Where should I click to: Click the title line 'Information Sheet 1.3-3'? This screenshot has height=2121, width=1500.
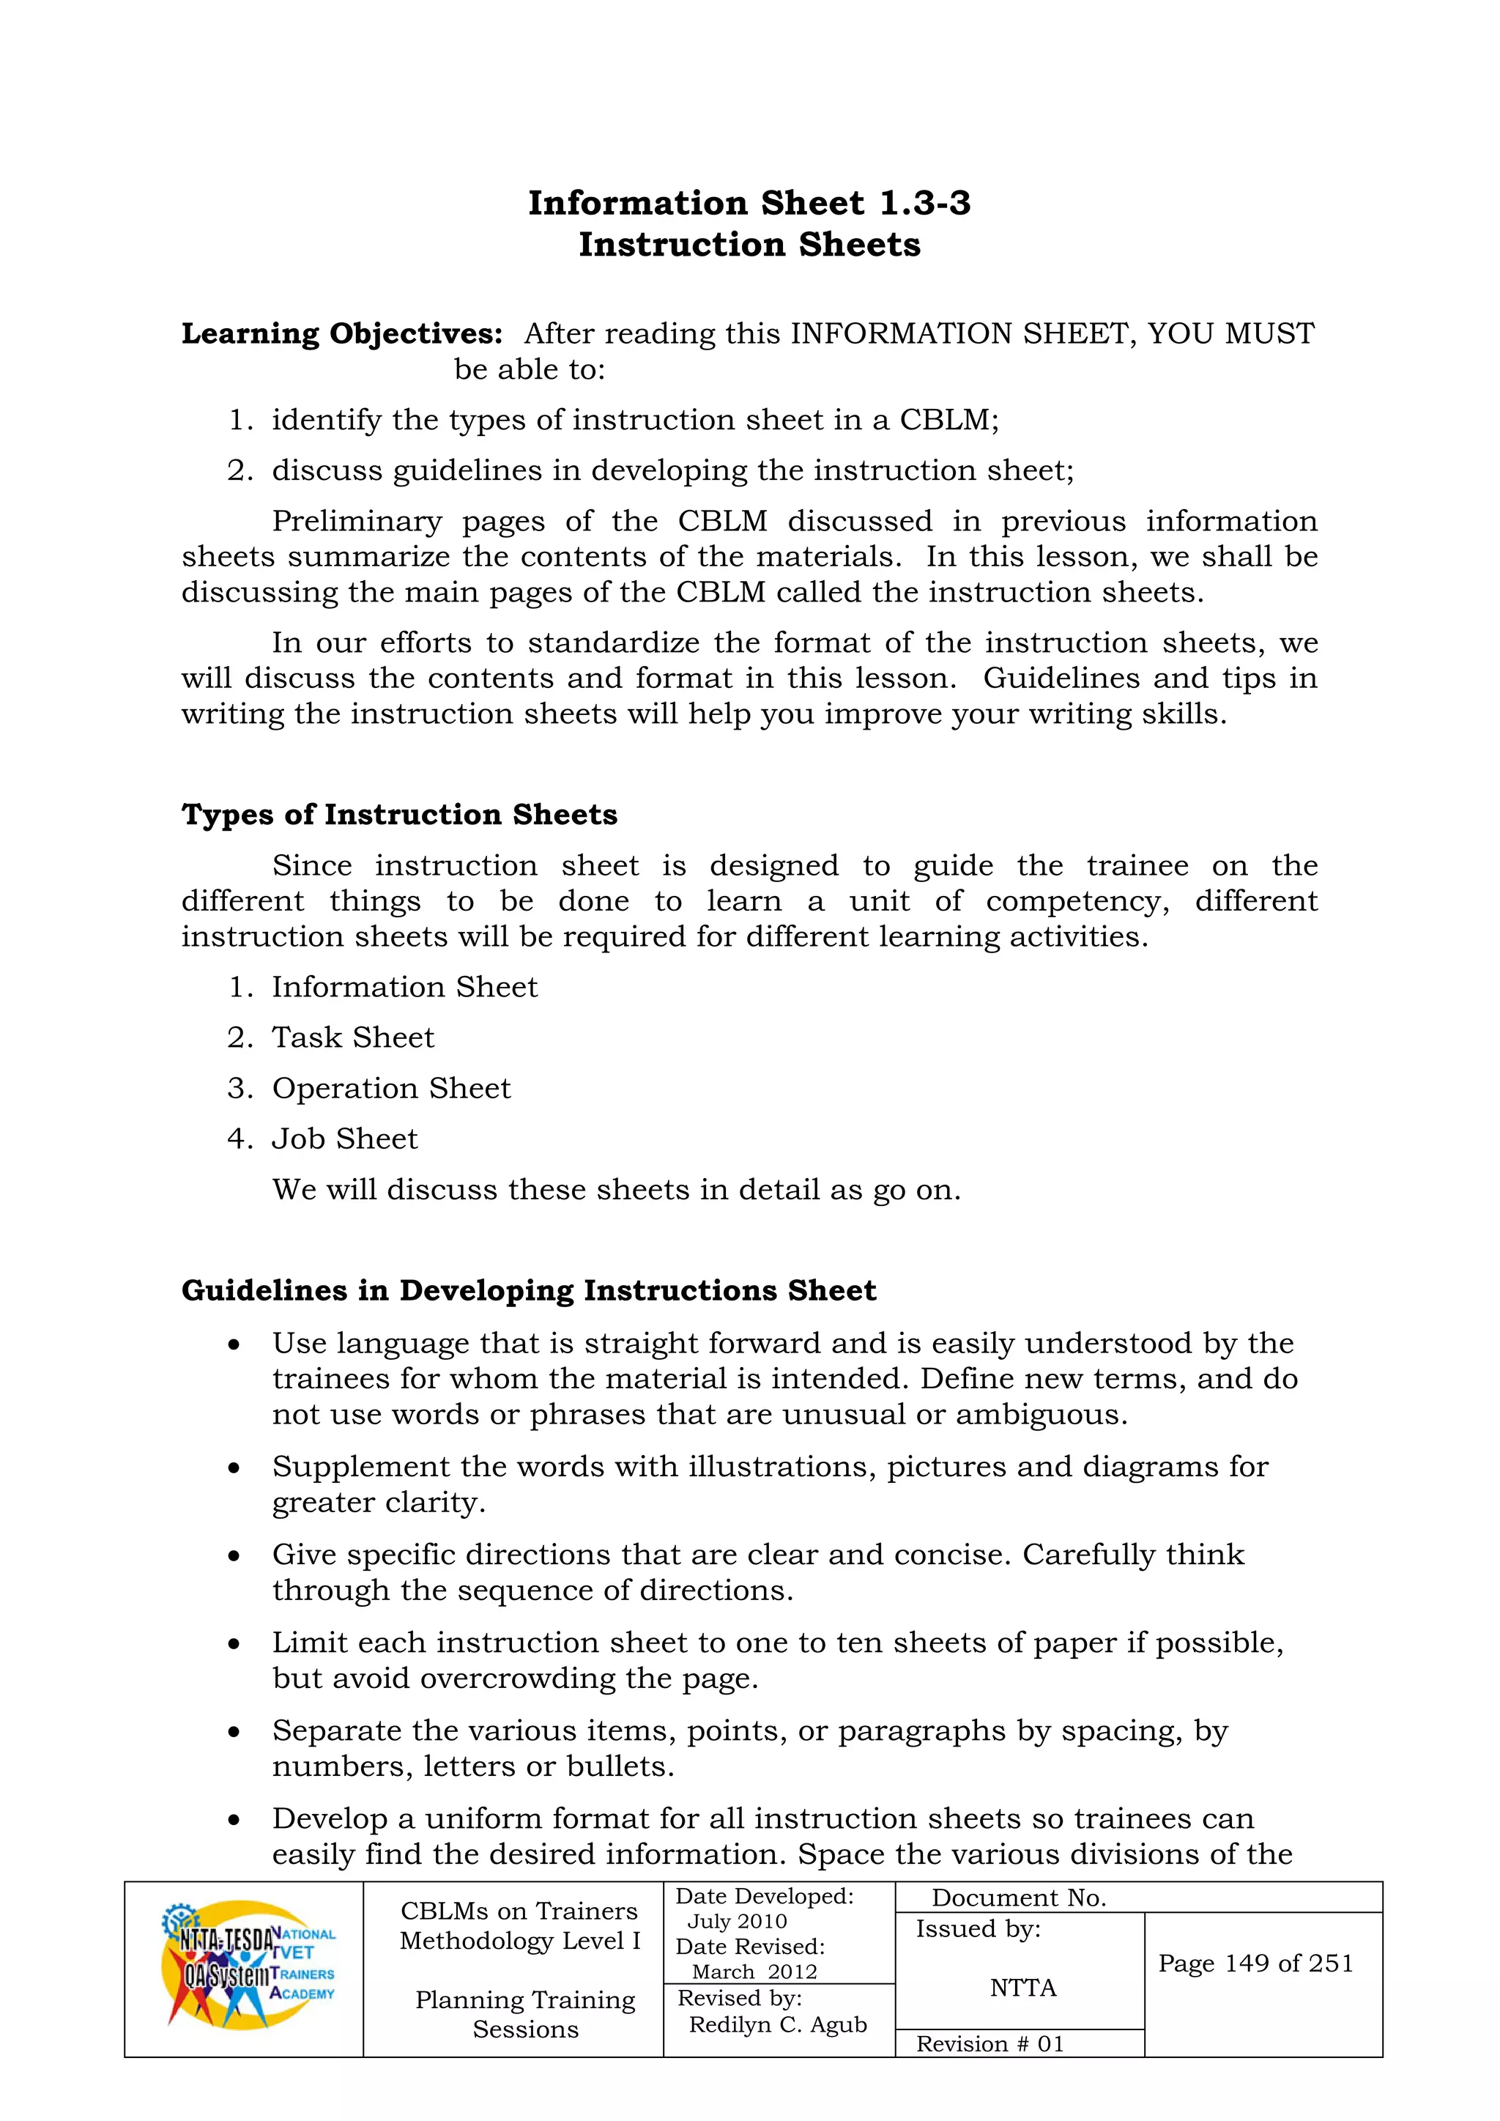[749, 202]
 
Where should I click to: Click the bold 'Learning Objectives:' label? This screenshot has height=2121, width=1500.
[342, 333]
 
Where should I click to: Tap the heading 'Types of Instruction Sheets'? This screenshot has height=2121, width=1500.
[399, 814]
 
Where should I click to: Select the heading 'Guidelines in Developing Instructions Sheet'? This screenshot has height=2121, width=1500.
[528, 1289]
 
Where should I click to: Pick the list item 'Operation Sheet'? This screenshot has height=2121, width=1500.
[390, 1088]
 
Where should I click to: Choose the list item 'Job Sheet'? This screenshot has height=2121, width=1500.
[344, 1139]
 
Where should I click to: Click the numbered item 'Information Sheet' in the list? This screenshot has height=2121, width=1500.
[404, 987]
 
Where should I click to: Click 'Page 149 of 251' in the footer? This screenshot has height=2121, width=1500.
[1255, 1963]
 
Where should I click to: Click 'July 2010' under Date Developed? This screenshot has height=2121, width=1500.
[737, 1922]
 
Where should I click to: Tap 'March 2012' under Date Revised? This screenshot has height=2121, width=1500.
[754, 1972]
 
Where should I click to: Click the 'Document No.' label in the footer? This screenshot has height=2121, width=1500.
[1019, 1898]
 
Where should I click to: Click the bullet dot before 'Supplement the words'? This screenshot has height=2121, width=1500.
[234, 1468]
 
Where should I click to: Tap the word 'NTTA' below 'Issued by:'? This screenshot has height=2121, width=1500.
[1022, 1987]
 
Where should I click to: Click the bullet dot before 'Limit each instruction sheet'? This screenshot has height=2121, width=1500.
[234, 1644]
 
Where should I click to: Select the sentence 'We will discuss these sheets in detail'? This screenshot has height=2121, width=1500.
[616, 1190]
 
